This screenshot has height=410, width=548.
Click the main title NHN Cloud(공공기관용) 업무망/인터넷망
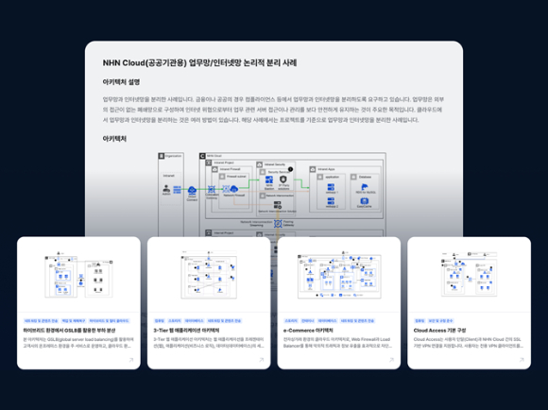[199, 63]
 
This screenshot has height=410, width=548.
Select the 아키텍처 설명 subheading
[122, 82]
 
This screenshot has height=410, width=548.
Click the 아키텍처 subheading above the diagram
[115, 138]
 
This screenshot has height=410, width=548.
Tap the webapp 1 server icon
[332, 200]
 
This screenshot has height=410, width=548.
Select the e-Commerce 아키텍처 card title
[314, 331]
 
